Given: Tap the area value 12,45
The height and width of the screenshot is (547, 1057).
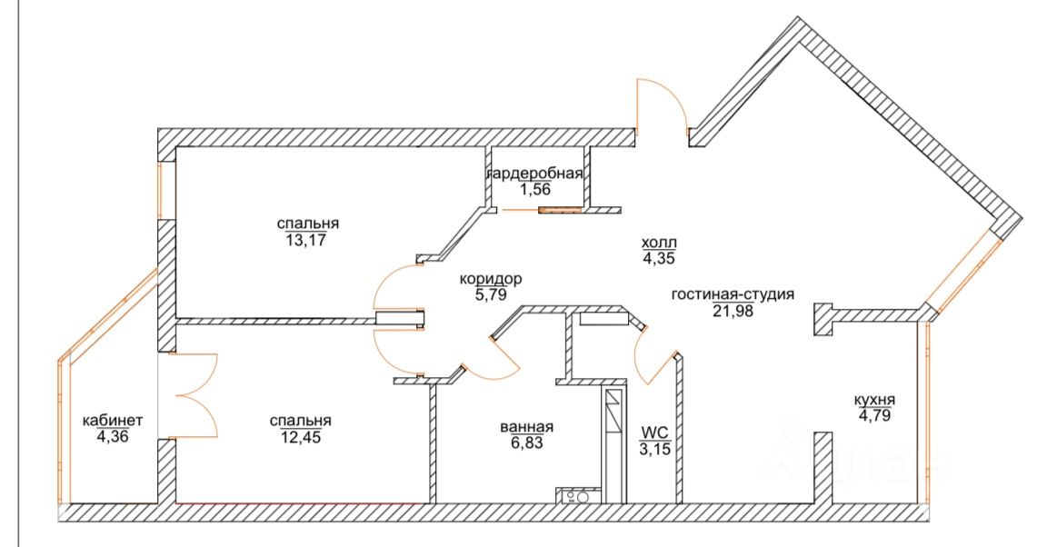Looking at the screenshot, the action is coord(300,438).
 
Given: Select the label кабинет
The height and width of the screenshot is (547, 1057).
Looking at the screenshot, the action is coord(113,420).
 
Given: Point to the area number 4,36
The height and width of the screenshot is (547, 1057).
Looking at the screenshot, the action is coord(113,435).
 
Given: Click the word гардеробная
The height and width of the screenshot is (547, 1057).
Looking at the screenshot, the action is coord(534,174).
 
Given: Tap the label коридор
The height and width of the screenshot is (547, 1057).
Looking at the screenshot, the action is coord(492,279).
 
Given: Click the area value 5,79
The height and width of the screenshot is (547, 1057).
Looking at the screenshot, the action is coord(490,294).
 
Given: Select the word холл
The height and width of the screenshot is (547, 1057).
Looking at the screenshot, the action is coord(660,243).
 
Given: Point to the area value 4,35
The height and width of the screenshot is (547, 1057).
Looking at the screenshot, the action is coord(660,258).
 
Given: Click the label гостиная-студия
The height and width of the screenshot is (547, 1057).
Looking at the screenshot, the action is coord(733,294).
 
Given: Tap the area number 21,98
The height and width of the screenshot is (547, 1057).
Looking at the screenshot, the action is coord(733,310).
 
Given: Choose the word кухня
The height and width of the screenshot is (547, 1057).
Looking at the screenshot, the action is coord(874,400).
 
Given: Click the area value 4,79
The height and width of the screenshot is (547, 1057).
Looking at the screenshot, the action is coord(874,415).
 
